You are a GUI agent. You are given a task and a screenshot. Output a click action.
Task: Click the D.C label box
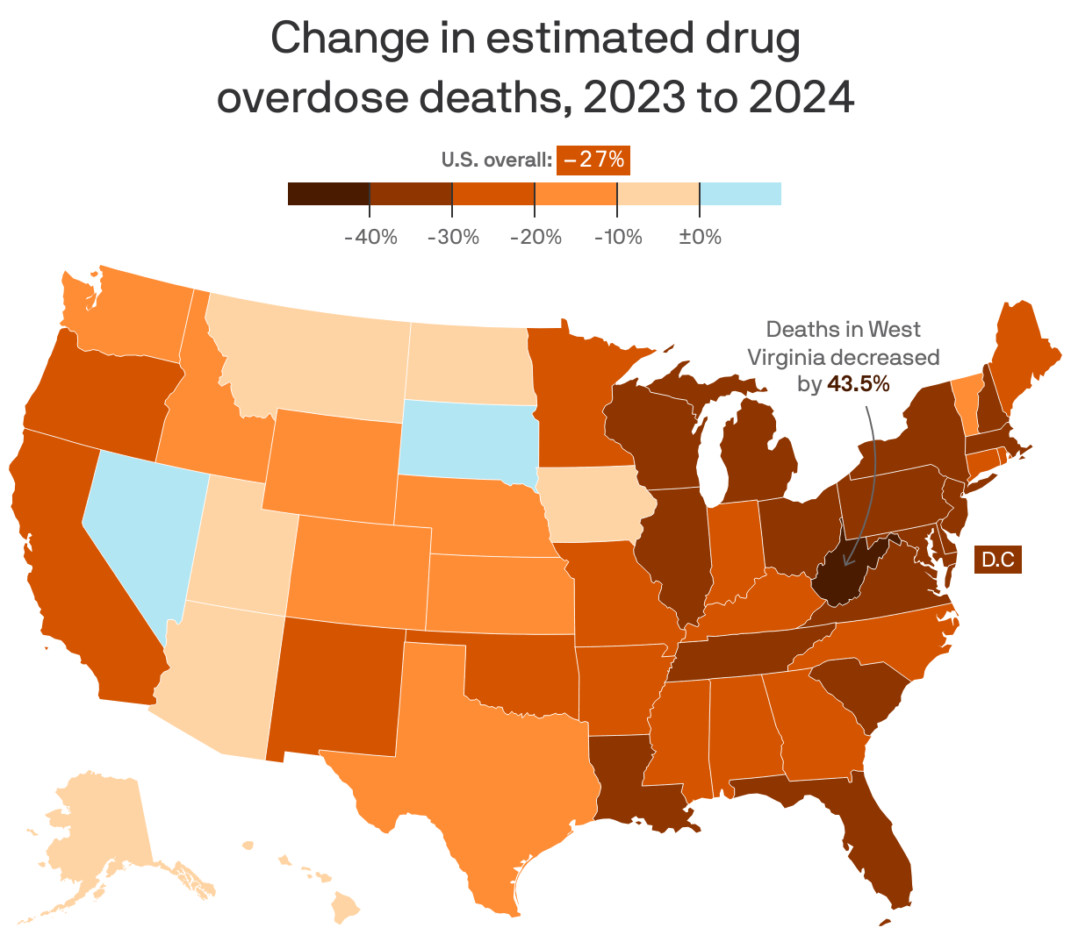point(998,560)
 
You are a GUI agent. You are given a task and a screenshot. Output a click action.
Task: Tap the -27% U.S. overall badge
point(593,160)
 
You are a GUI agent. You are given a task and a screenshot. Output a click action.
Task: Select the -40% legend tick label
point(370,237)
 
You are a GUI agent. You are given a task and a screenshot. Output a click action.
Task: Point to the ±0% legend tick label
point(700,237)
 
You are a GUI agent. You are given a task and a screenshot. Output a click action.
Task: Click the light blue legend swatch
point(740,193)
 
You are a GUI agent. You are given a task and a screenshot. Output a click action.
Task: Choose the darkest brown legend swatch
point(328,193)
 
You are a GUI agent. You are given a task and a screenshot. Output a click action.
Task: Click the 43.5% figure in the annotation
point(858,383)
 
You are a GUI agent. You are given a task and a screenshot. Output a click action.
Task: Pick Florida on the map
point(878,842)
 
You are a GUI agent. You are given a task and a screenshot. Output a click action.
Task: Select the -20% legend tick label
point(535,237)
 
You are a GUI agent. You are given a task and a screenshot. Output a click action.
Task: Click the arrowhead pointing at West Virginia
point(849,561)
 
